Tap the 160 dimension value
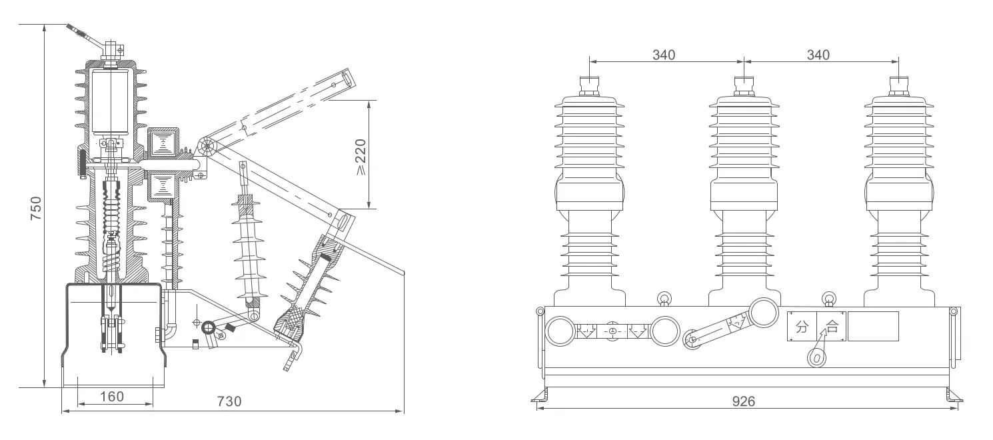[111, 397]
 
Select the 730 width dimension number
[229, 401]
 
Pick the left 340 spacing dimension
[663, 55]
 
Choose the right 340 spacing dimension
[818, 55]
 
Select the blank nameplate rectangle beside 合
[872, 326]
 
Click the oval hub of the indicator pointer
[815, 358]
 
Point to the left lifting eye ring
[664, 298]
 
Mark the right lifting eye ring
[828, 298]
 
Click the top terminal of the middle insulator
[744, 84]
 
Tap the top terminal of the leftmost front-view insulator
[589, 84]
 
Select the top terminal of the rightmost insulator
[898, 84]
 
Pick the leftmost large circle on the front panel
[560, 331]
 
